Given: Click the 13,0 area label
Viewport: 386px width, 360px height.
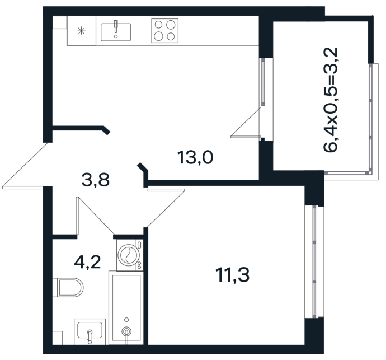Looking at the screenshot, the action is (x=195, y=157).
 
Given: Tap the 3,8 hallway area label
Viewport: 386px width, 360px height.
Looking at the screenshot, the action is (x=96, y=180).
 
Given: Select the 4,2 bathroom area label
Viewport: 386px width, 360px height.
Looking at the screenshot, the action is (x=87, y=262).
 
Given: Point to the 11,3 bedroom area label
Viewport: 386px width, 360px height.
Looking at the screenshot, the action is (x=232, y=275).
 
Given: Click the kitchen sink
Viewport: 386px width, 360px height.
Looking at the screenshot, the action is (x=116, y=32).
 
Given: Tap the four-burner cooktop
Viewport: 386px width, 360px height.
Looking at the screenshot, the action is (x=164, y=31).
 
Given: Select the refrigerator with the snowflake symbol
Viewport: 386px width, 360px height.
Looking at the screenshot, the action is (x=82, y=31).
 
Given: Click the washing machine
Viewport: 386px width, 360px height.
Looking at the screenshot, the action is (x=130, y=255).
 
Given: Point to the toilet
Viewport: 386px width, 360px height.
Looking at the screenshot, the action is (x=68, y=288).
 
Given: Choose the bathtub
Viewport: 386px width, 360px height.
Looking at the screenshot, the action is (x=126, y=308).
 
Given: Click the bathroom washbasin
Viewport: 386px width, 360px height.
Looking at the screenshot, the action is (x=90, y=331).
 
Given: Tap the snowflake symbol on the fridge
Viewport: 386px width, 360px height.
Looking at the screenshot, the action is (x=81, y=31).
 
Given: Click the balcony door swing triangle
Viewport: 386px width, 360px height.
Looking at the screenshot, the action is (x=246, y=123).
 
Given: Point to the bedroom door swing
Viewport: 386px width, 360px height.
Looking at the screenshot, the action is (x=166, y=208).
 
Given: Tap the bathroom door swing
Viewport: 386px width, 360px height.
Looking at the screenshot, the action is (x=95, y=216).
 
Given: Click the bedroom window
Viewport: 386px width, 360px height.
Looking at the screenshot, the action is (x=314, y=261).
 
